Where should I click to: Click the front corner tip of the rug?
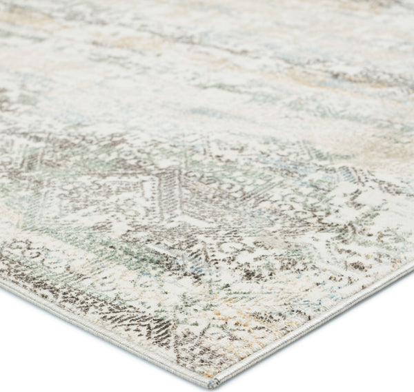(x=215, y=384)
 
